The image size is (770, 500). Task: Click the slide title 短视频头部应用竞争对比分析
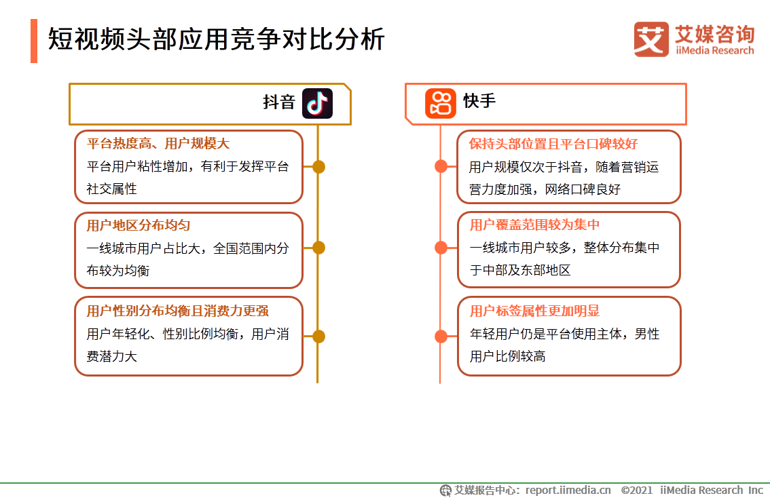click(217, 39)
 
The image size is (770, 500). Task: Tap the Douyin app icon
click(317, 103)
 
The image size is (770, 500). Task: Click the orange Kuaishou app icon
click(441, 103)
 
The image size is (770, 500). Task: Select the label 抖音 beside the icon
click(279, 102)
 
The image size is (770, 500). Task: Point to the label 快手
click(480, 101)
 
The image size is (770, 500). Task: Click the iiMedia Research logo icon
click(651, 39)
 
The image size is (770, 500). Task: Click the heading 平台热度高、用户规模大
click(158, 144)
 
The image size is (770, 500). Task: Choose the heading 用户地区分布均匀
click(138, 225)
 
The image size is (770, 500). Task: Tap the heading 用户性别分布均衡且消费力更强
click(178, 311)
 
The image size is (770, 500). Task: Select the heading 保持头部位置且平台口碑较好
click(553, 144)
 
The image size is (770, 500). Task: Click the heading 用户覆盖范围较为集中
click(534, 225)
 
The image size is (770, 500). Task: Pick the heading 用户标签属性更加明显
click(534, 311)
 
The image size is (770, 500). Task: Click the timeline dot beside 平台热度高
click(318, 167)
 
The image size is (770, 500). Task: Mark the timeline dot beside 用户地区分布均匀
click(318, 248)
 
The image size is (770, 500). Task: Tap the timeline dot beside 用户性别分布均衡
click(318, 336)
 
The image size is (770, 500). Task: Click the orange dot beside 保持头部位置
click(441, 167)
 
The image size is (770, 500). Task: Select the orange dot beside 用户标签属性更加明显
click(441, 336)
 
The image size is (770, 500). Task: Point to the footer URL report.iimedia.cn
click(568, 490)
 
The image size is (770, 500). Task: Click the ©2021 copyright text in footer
click(636, 490)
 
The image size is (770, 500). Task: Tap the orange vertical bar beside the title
click(34, 41)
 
